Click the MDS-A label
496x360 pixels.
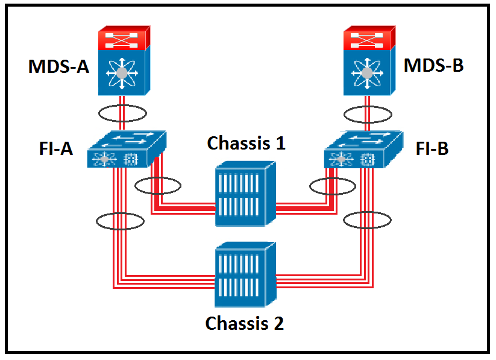58,66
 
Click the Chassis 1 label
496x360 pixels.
246,143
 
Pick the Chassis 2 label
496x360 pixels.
245,323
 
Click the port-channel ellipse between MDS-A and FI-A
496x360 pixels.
122,113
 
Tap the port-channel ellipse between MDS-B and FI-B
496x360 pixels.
368,113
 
